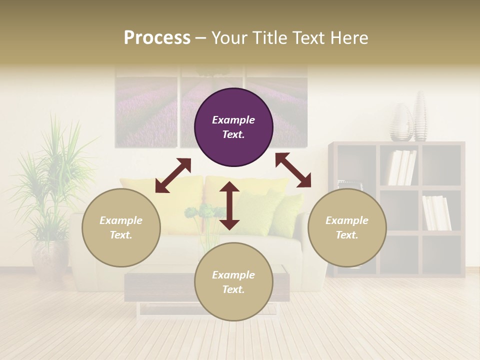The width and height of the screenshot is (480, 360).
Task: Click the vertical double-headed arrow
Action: coord(229,205)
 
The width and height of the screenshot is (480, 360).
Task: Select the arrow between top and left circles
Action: coord(173,175)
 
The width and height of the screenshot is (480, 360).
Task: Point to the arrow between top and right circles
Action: coord(293,170)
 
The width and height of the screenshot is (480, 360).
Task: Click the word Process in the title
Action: coord(157,38)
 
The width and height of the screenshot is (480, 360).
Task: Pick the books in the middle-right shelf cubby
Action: coord(436,212)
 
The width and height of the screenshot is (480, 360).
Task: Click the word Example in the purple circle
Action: coord(233,120)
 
